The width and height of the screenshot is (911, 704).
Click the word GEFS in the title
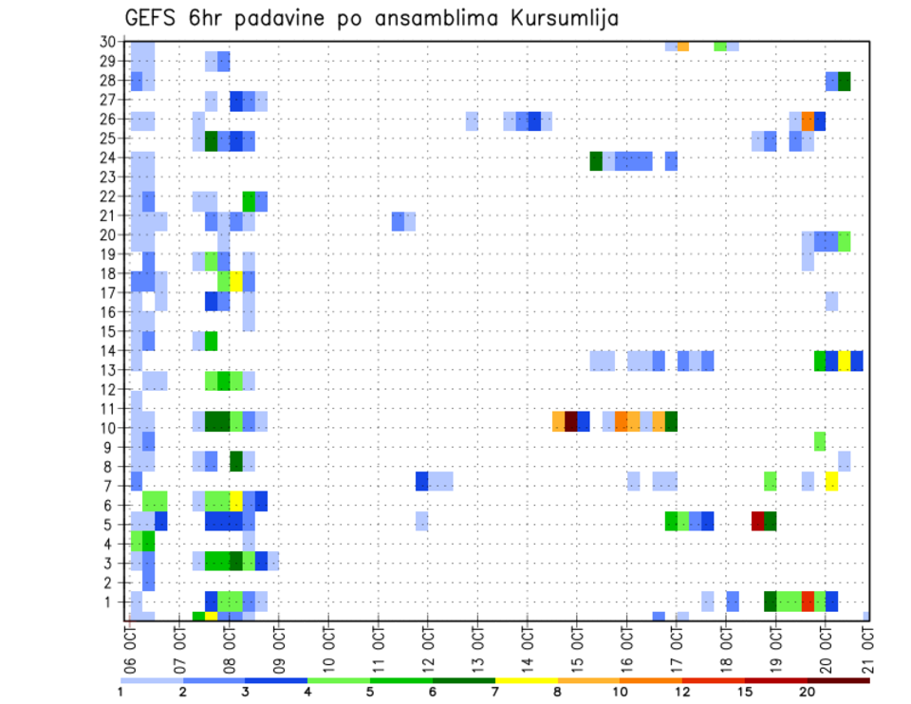[x=154, y=17]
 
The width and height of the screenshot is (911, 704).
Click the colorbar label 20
[x=808, y=692]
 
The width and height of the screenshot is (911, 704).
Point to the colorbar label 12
[x=682, y=692]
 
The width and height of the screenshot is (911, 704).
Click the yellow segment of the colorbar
[x=527, y=680]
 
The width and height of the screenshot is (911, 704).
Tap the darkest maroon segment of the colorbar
[x=839, y=680]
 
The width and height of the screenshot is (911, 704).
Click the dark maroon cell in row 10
[x=571, y=421]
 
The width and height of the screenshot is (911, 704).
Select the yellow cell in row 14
[x=844, y=361]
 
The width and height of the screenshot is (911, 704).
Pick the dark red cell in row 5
[x=757, y=521]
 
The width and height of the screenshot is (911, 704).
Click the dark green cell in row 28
[x=845, y=82]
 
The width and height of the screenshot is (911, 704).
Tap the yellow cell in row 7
[x=831, y=481]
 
